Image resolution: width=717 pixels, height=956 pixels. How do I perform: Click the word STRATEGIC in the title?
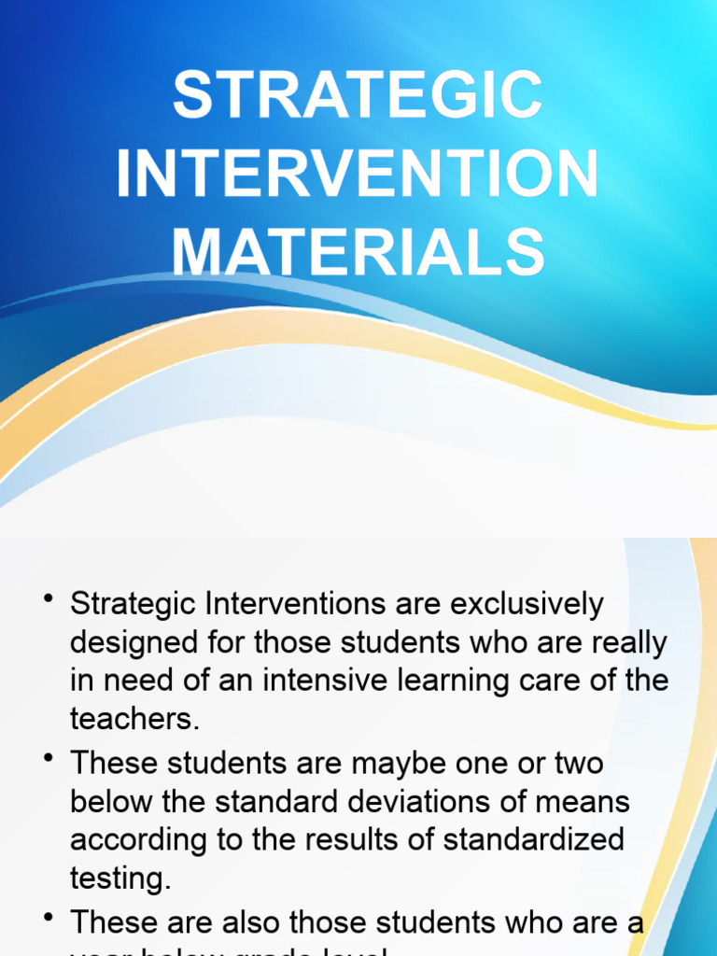[358, 95]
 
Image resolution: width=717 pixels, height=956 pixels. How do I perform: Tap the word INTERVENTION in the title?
[358, 174]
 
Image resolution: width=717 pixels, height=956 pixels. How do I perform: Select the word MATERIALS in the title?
[358, 252]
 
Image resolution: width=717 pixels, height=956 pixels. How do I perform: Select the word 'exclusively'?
[527, 605]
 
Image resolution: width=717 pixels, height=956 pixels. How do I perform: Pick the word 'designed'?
[132, 643]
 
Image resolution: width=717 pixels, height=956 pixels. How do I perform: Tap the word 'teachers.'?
[135, 718]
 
